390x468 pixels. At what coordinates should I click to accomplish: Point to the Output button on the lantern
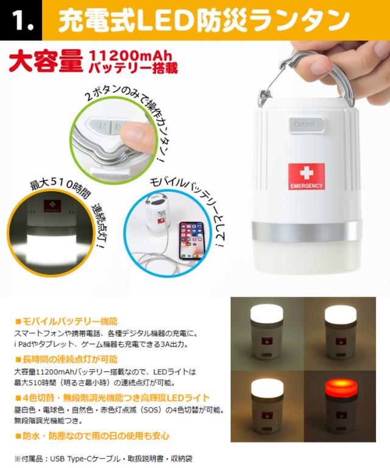[304, 124]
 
